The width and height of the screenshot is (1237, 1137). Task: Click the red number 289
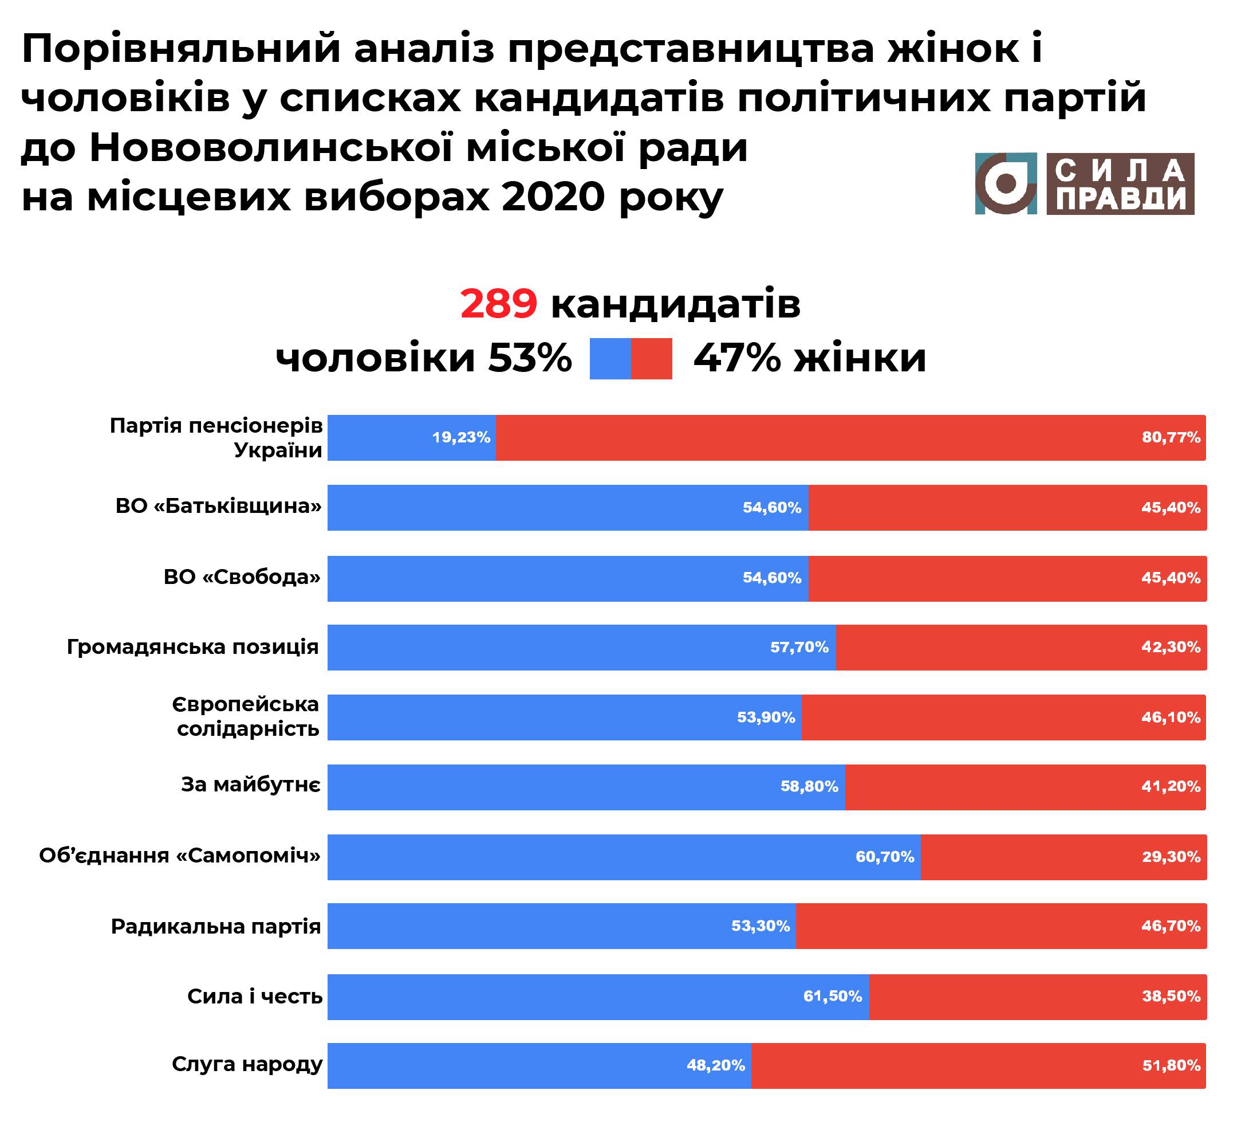click(x=499, y=304)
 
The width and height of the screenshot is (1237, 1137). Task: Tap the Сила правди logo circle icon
click(x=1006, y=183)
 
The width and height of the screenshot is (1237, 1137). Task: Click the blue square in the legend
click(x=610, y=359)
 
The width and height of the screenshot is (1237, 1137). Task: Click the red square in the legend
click(x=652, y=359)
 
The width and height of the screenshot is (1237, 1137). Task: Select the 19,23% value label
click(x=461, y=437)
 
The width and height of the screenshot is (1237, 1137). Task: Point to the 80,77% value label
click(x=1171, y=437)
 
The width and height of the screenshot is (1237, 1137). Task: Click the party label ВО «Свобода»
click(x=242, y=577)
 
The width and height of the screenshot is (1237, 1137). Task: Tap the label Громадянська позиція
click(x=193, y=647)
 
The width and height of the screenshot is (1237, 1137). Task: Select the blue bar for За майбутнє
click(x=553, y=787)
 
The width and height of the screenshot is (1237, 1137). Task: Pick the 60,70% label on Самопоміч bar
click(x=885, y=857)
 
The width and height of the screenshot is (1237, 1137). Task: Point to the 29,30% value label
click(x=1171, y=857)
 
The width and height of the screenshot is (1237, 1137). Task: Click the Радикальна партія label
click(x=216, y=926)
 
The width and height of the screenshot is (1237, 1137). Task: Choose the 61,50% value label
click(x=833, y=996)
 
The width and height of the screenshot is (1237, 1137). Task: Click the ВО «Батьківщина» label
click(x=219, y=507)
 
